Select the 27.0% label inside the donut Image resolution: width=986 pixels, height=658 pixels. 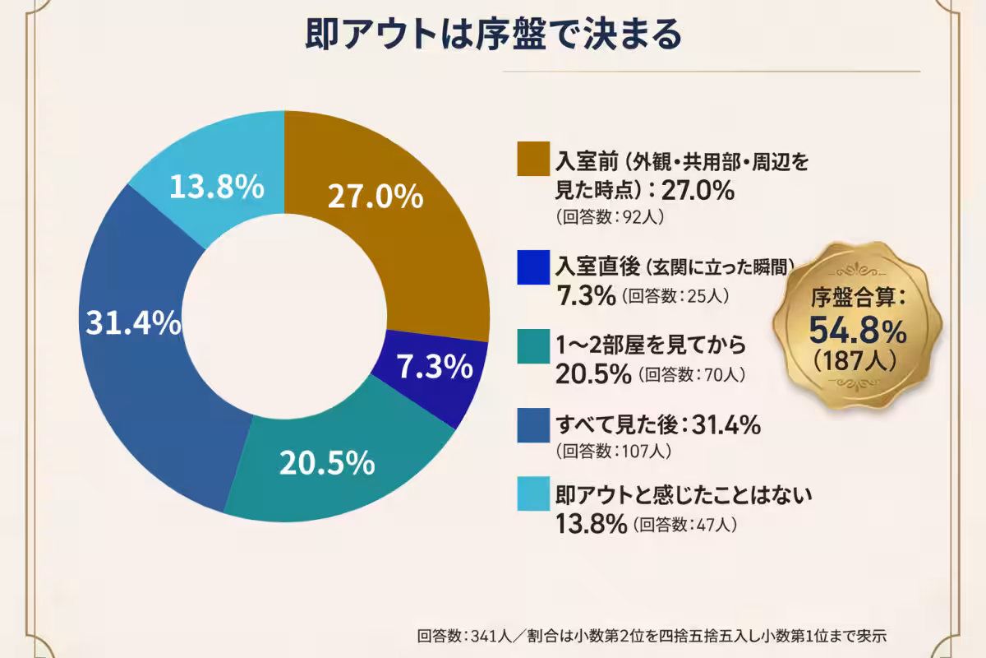[x=375, y=197]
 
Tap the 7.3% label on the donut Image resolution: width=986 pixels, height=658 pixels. [x=435, y=368]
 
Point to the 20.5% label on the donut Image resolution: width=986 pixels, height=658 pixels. [x=327, y=464]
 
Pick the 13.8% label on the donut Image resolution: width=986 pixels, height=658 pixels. [x=216, y=188]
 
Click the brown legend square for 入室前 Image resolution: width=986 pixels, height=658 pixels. [x=532, y=160]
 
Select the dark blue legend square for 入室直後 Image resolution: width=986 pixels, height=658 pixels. [x=532, y=270]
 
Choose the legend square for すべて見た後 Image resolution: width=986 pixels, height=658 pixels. [x=532, y=427]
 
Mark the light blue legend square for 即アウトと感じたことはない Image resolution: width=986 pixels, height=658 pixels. [x=532, y=497]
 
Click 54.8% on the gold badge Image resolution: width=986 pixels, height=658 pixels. [x=858, y=331]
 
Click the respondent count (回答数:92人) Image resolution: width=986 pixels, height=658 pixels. [x=609, y=218]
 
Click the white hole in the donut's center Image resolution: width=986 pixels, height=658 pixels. [x=284, y=317]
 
